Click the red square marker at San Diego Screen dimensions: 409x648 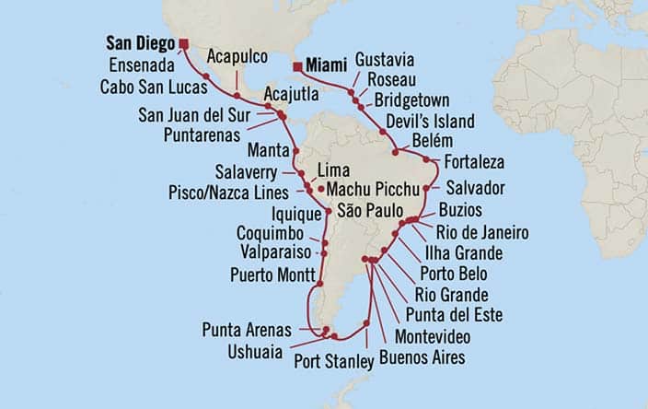[184, 42]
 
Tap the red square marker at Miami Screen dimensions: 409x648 [298, 65]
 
